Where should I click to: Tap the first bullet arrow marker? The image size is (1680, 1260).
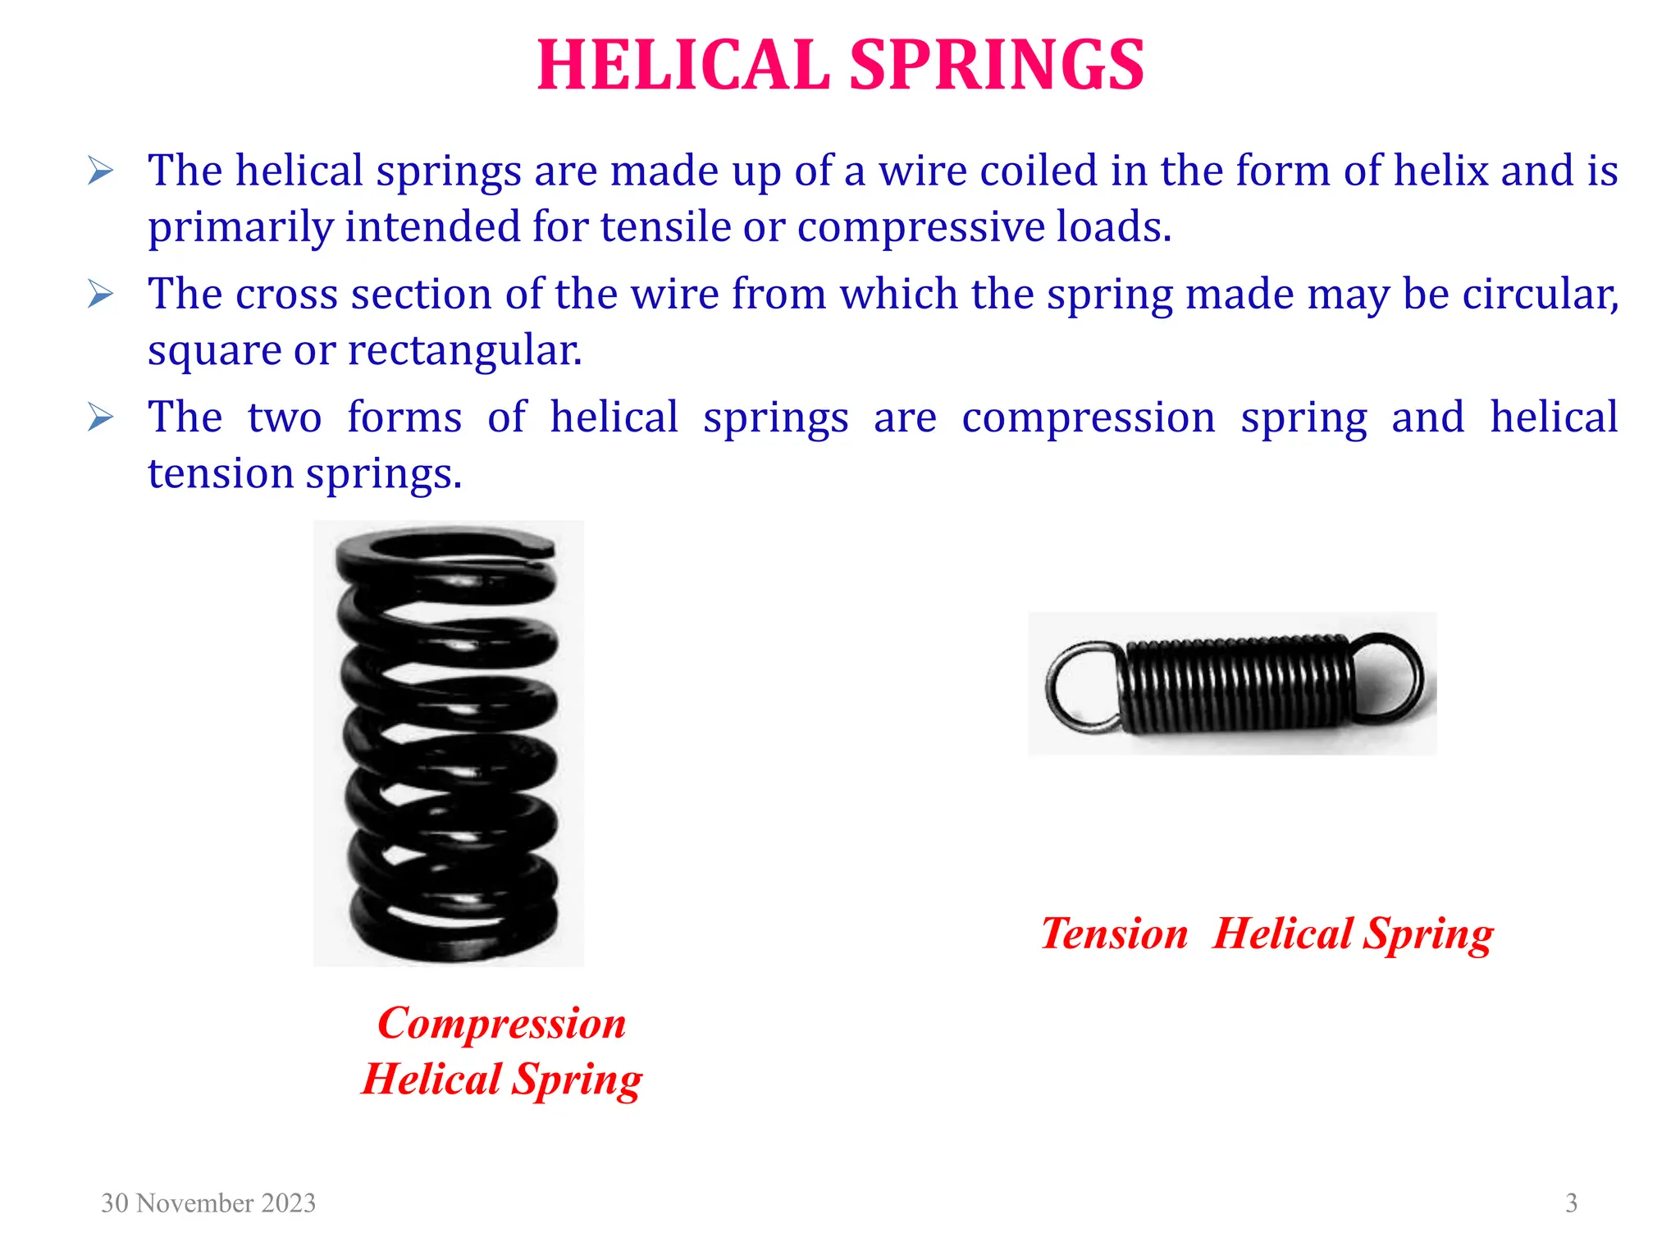pyautogui.click(x=100, y=171)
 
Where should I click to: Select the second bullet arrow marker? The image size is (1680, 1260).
pyautogui.click(x=100, y=294)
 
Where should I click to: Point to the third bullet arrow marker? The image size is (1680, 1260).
pyautogui.click(x=100, y=418)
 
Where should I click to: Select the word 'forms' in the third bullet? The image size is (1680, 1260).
pyautogui.click(x=404, y=418)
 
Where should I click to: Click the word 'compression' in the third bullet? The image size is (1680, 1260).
pyautogui.click(x=1088, y=418)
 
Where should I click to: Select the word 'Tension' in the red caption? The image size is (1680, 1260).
pyautogui.click(x=1114, y=934)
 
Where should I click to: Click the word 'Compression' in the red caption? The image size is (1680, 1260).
pyautogui.click(x=502, y=1024)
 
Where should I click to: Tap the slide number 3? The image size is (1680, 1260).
pyautogui.click(x=1571, y=1203)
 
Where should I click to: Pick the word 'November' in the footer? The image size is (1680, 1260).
pyautogui.click(x=194, y=1203)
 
